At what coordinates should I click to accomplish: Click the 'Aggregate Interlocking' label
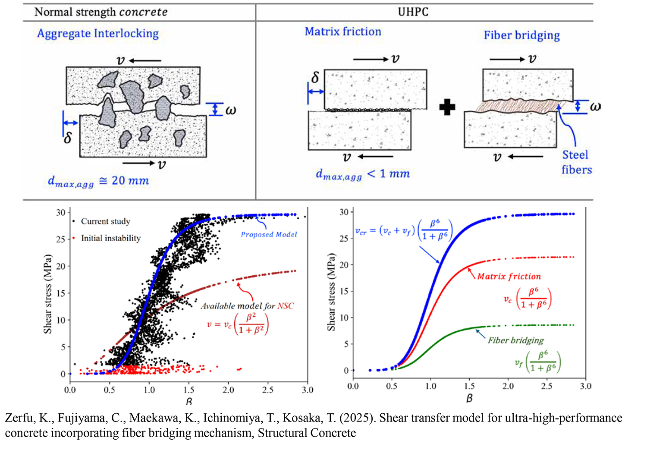point(98,34)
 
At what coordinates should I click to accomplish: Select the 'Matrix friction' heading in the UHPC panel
point(343,31)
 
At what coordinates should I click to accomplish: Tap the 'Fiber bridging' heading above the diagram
point(521,35)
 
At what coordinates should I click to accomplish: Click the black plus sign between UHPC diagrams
point(447,107)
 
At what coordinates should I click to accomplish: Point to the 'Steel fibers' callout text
point(576,162)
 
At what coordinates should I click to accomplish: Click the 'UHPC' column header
point(413,12)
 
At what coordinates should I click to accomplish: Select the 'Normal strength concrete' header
point(101,12)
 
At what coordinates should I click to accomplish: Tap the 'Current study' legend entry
point(105,221)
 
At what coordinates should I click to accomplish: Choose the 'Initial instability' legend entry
point(110,238)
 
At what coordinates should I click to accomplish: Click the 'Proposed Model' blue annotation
point(269,235)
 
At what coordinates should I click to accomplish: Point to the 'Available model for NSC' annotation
point(247,306)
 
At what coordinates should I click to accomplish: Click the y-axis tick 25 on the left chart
point(61,239)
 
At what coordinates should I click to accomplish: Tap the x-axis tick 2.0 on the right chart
point(508,386)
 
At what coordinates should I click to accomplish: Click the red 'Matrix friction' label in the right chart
point(509,277)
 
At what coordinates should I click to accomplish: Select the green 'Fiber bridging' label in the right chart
point(515,340)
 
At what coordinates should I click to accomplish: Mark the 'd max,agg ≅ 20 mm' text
point(98,181)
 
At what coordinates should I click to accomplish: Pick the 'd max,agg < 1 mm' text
point(363,174)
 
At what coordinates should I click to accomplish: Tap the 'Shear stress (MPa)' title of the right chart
point(331,292)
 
